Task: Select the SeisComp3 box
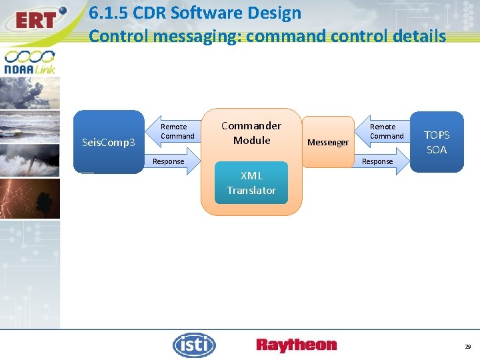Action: pos(108,142)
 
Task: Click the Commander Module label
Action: pos(251,133)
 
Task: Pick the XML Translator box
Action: pos(251,183)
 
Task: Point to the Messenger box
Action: pos(328,142)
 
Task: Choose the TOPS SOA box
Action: pos(437,142)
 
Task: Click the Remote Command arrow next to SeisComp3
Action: pos(177,131)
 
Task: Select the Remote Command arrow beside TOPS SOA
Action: pos(387,131)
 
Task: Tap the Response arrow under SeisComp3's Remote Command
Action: pos(169,161)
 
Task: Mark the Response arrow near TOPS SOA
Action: pos(378,161)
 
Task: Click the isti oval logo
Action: pos(194,345)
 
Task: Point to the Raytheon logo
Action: pos(297,345)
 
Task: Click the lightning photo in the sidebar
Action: pos(30,199)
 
